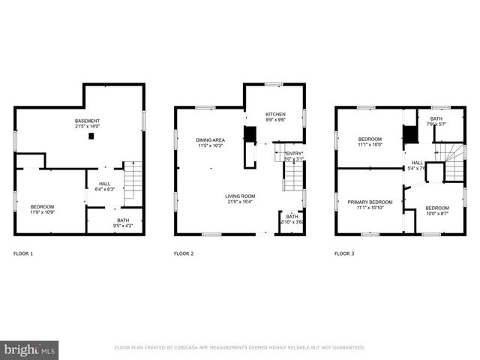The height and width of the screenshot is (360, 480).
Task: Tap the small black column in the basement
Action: (91, 136)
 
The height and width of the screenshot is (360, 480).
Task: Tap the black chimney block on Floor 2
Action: (250, 135)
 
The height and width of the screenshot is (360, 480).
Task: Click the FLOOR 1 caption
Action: (23, 254)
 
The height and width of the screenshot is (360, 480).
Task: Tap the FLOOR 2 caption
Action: (184, 254)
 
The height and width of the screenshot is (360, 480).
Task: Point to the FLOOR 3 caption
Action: (344, 254)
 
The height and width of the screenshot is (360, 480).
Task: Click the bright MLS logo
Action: (30, 349)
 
